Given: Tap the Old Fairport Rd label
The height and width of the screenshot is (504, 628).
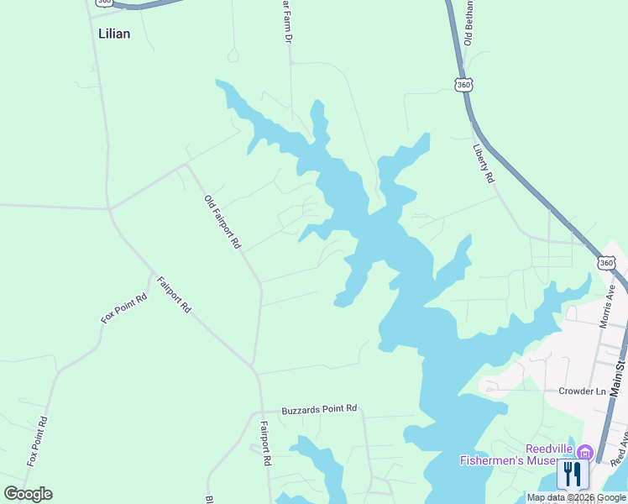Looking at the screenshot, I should (222, 223).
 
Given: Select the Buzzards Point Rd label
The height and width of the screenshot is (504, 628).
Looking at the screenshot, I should (319, 409).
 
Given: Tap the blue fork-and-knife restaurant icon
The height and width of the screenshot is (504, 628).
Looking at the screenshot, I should (573, 475).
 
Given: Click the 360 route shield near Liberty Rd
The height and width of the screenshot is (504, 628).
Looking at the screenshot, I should (464, 85).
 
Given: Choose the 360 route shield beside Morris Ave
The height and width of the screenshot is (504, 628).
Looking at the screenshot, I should (606, 263).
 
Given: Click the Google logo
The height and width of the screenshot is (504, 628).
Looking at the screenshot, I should (28, 494).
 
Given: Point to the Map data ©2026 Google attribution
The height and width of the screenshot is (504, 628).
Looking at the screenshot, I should (576, 497).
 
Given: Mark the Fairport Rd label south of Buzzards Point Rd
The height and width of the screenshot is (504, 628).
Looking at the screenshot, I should (265, 443).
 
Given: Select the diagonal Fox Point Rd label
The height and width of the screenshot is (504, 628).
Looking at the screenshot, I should (124, 308).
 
